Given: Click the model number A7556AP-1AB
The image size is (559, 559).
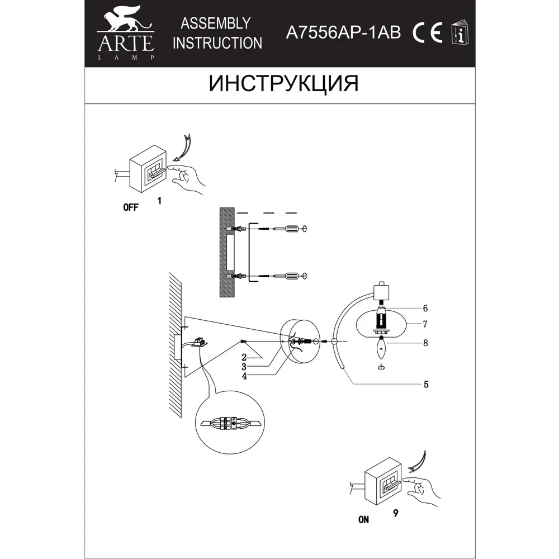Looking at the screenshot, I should click(x=343, y=33).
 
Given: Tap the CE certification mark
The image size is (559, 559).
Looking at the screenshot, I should click(x=428, y=33).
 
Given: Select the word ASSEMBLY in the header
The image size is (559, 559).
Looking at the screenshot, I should click(x=215, y=23).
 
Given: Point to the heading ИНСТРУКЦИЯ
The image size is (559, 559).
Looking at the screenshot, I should click(x=283, y=83).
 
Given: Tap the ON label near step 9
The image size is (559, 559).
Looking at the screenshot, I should click(x=364, y=519).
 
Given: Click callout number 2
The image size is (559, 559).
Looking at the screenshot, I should click(x=244, y=356).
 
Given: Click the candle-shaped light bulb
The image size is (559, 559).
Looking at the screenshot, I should click(x=382, y=351).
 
